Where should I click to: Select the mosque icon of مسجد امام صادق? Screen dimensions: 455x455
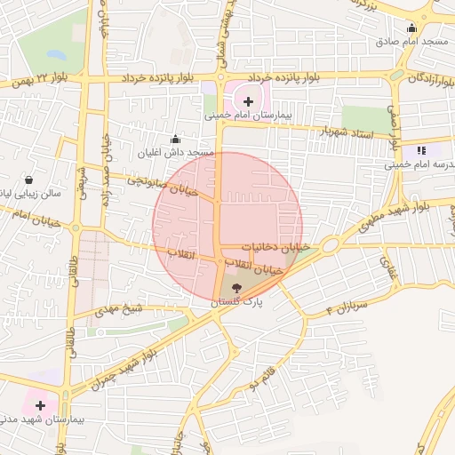[x=411, y=28]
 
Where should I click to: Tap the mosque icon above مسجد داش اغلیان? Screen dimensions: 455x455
[x=175, y=139]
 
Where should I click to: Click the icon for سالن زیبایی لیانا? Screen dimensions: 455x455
[x=30, y=179]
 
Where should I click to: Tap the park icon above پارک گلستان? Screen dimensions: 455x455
[x=236, y=289]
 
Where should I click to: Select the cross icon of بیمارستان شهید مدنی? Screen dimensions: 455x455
[x=39, y=405]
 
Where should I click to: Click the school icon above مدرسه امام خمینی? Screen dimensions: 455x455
[x=420, y=151]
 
